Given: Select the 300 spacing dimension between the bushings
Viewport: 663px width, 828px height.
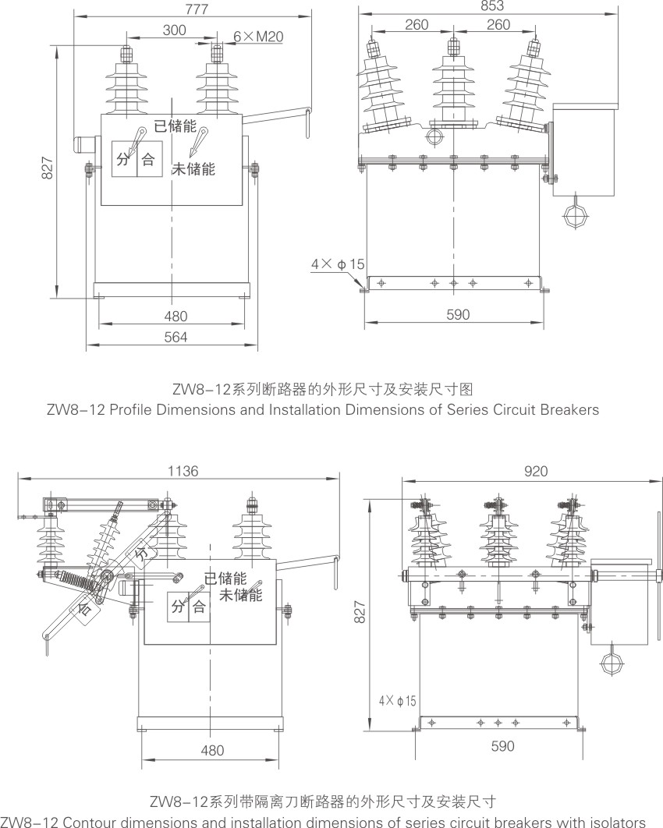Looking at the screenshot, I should (x=174, y=30).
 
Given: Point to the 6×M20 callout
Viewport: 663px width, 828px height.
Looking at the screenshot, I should (x=259, y=36).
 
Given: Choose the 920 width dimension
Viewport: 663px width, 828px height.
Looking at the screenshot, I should (x=536, y=470).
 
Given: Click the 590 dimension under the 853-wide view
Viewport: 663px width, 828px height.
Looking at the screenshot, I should (x=458, y=314).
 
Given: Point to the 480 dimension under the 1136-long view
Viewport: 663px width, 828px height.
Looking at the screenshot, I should (x=211, y=750).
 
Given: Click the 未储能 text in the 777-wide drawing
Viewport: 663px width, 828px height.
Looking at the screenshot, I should (x=193, y=168).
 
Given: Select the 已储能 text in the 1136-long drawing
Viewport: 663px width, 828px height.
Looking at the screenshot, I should (x=225, y=579).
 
